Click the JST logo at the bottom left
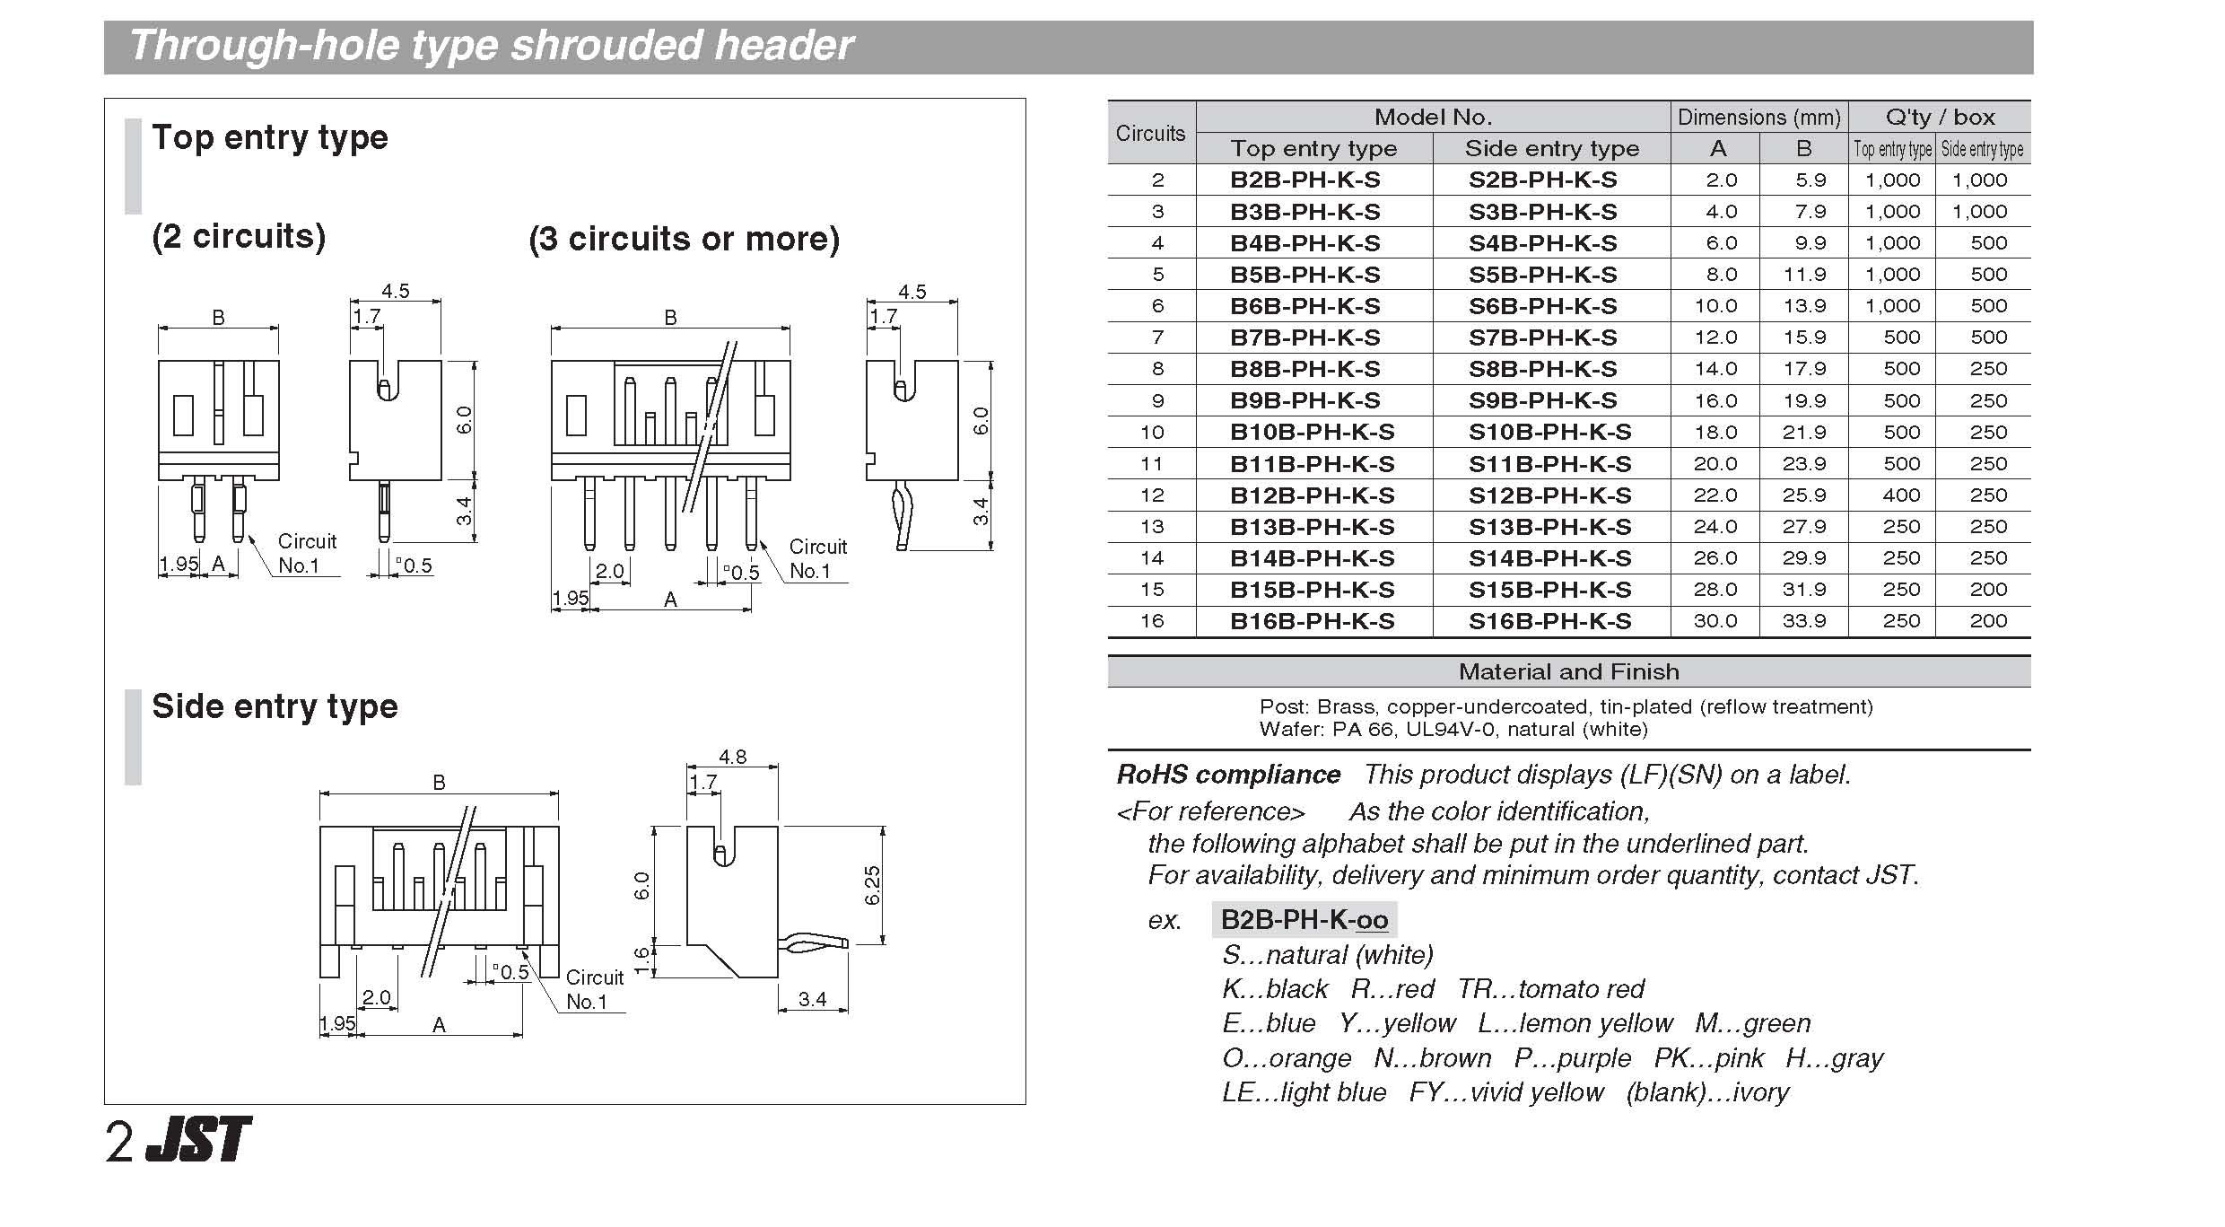199,1140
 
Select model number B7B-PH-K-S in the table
1304,338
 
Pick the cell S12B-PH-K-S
1549,495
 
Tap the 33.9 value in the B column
1804,621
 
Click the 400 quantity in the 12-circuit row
1901,495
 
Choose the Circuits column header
1150,133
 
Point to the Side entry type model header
1551,149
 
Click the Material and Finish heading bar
1568,671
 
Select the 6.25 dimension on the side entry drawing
871,885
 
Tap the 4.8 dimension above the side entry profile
732,757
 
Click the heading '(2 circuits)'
239,236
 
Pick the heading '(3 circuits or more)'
684,239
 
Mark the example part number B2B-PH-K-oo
1304,920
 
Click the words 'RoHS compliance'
1228,775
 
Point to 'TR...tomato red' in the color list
1550,989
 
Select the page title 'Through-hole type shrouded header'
492,46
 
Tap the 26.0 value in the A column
1715,558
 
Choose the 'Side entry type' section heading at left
275,706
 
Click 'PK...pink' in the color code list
1708,1058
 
